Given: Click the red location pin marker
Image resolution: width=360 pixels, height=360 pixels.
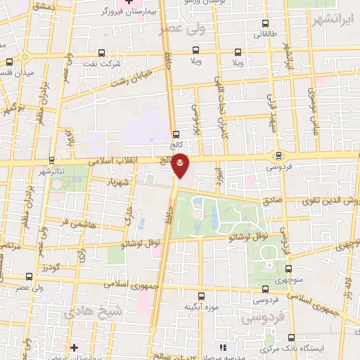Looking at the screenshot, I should click(181, 166).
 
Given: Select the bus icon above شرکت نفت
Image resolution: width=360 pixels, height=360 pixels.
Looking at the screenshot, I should click(102, 53).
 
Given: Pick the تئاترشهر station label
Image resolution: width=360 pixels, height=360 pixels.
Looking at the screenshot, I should click(53, 172).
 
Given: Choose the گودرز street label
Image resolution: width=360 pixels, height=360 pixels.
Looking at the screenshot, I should click(51, 267).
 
